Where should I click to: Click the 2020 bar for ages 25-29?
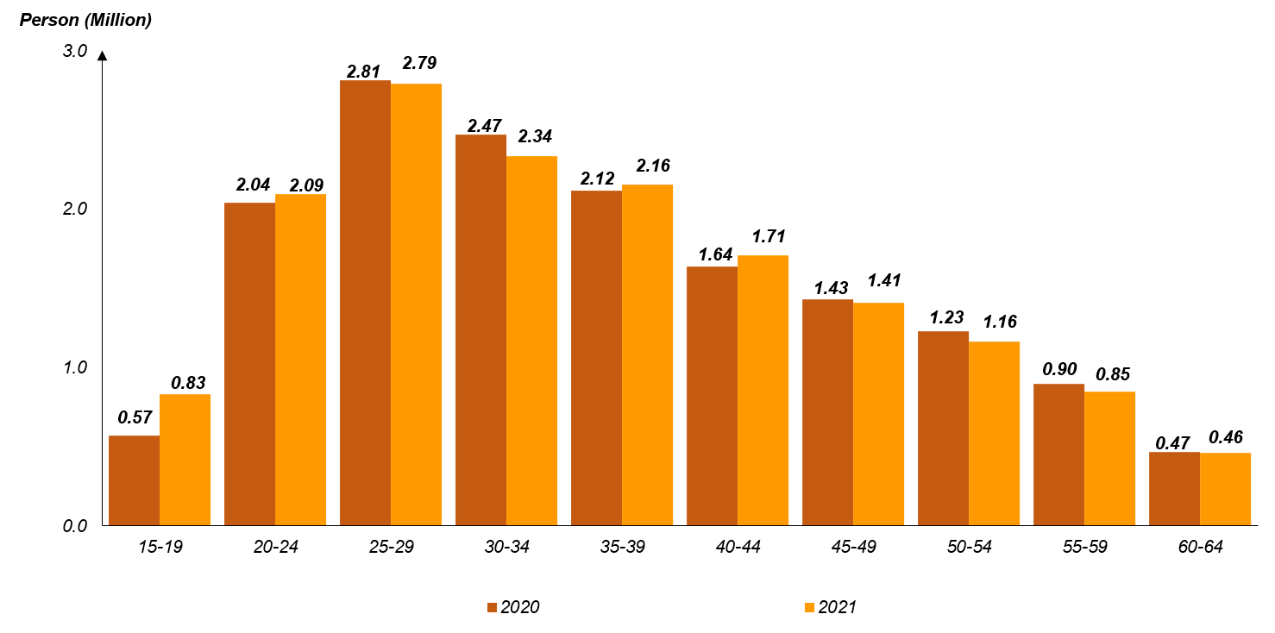point(365,303)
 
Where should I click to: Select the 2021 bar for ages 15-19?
point(185,460)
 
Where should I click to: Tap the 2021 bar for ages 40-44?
point(763,390)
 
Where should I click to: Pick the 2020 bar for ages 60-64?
point(1174,488)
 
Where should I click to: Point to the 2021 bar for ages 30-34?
point(531,341)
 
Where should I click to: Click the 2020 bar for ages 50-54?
point(943,428)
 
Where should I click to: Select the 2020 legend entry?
point(513,607)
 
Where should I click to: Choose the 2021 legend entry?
point(830,607)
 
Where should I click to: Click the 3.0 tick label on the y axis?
point(75,51)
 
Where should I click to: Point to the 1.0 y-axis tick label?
point(75,367)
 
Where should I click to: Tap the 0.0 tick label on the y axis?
point(75,526)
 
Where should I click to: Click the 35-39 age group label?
point(622,547)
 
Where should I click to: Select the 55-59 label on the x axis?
point(1084,547)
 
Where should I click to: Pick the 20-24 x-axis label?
point(275,547)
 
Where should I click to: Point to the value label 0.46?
point(1226,436)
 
